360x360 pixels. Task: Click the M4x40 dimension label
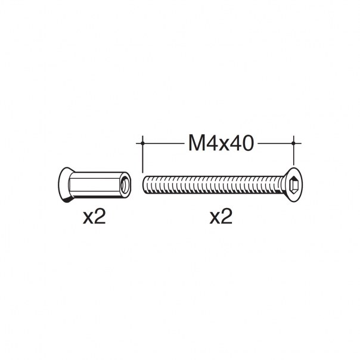click(221, 143)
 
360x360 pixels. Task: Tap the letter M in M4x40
click(195, 143)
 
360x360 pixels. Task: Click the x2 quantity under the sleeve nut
click(94, 216)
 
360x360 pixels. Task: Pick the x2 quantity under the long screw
click(221, 216)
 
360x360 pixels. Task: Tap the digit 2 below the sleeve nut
click(100, 216)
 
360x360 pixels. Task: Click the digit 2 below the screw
click(226, 216)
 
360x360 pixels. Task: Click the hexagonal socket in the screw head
click(294, 185)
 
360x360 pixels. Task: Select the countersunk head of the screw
click(291, 185)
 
